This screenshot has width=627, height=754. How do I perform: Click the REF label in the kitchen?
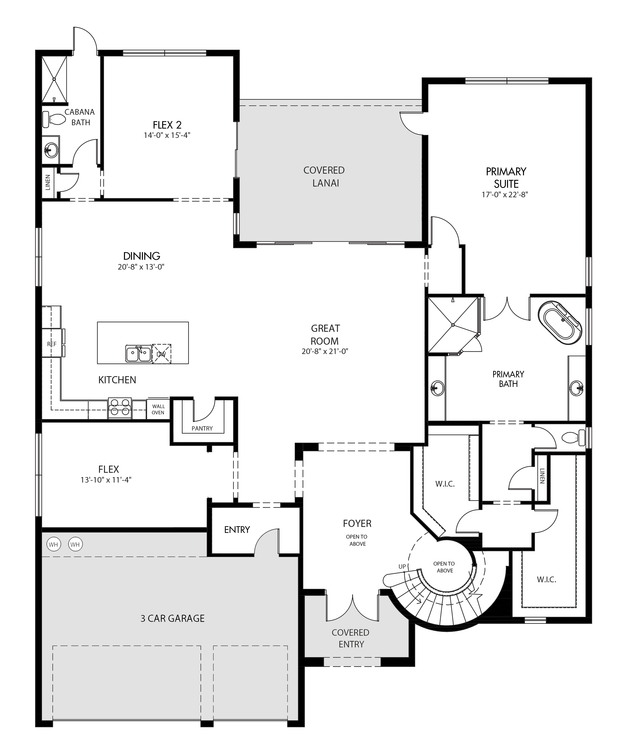click(x=52, y=344)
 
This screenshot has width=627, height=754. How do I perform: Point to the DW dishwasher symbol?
click(x=161, y=354)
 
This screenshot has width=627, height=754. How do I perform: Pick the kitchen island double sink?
click(x=139, y=354)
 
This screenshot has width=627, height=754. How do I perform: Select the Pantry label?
click(x=202, y=428)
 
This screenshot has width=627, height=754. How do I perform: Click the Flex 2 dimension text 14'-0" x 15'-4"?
click(x=167, y=135)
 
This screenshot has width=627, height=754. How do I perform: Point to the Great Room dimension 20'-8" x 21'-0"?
click(x=325, y=351)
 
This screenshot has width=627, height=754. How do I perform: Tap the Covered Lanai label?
click(x=324, y=177)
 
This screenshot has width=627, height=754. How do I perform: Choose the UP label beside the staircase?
click(x=402, y=567)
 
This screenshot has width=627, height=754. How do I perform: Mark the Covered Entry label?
click(x=351, y=638)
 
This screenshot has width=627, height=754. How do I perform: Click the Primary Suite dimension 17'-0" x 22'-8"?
click(x=505, y=195)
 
